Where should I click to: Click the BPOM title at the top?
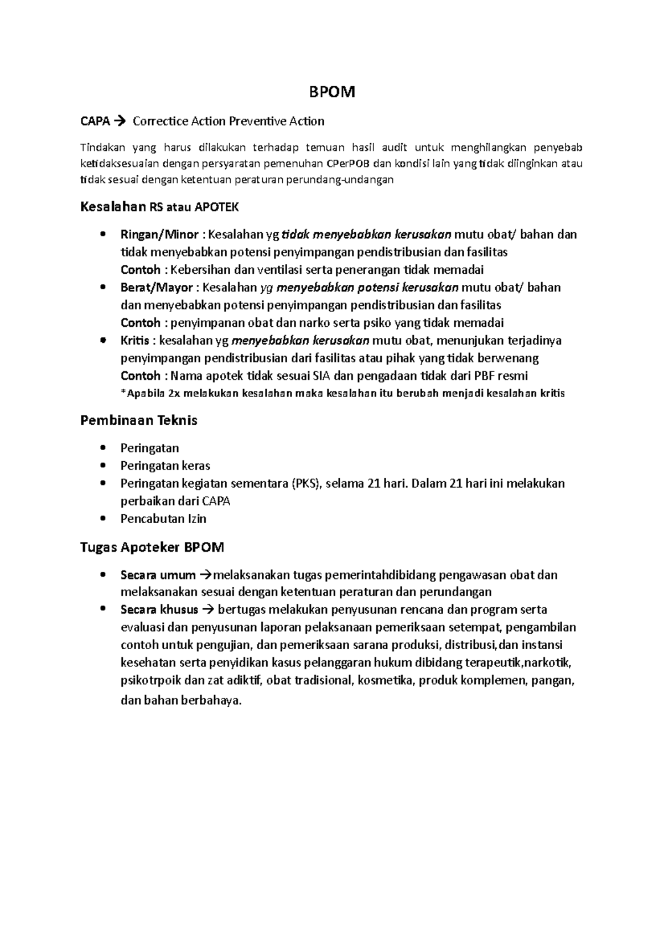pos(331,92)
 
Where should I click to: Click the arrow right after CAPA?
pos(120,121)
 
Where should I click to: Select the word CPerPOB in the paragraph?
pos(346,163)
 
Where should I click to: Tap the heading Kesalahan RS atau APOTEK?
pos(160,207)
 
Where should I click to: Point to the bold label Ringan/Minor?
pos(159,234)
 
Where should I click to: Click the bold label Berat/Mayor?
pos(157,288)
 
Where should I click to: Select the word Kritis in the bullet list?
pos(135,341)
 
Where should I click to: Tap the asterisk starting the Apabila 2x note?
pos(123,394)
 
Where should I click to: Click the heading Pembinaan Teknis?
pos(139,421)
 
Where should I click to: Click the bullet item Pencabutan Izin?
pos(163,519)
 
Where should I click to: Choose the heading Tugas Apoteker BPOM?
pos(152,547)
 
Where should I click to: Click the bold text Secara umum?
pos(158,575)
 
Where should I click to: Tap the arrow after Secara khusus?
pos(207,610)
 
